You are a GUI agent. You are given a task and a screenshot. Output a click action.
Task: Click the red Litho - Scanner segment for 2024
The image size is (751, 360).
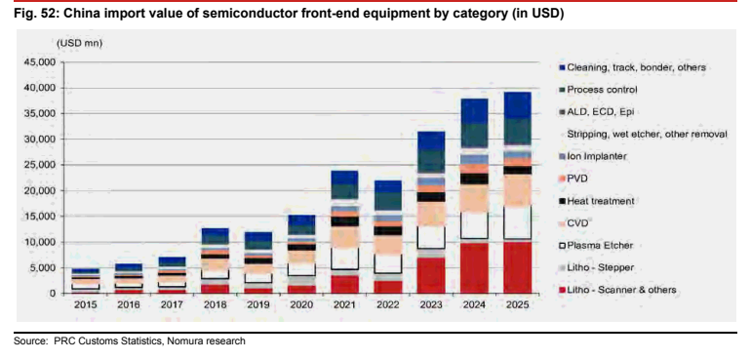474,268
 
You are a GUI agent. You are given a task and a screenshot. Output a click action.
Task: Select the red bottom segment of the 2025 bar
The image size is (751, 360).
517,267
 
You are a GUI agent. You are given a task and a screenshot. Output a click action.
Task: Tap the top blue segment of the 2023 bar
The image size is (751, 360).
431,140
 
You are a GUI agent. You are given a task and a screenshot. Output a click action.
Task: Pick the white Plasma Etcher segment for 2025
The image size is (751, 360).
517,222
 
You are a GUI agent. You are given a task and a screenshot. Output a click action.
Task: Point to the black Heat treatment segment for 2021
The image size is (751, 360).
345,221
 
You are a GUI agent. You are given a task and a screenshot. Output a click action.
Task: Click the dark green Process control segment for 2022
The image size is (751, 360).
388,201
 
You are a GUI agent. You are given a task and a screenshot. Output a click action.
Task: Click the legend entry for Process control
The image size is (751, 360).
598,90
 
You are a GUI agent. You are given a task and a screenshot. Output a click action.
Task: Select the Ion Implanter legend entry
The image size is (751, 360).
592,156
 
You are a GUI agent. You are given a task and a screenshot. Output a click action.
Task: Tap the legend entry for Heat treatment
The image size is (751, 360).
596,201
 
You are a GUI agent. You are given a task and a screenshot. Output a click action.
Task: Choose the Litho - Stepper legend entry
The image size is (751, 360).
596,267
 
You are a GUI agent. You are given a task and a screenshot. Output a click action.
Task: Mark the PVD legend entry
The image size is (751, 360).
573,179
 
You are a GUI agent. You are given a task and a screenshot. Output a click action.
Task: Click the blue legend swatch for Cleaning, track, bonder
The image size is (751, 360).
563,67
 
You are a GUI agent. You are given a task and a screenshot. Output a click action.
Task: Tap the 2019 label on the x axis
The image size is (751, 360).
258,304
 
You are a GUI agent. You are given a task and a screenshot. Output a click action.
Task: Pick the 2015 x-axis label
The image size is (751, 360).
86,304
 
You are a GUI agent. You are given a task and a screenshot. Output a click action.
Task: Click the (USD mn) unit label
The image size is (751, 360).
80,43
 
